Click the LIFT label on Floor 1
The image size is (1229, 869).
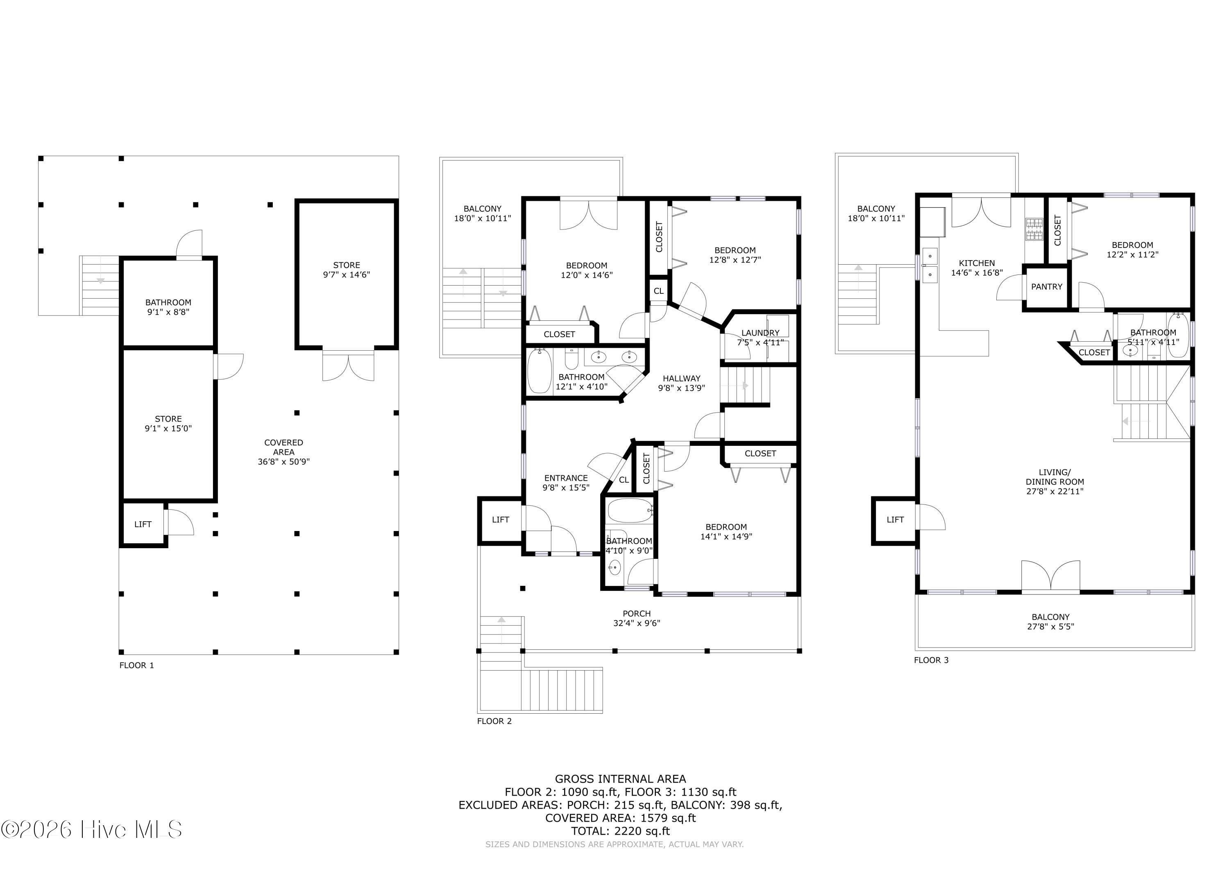point(143,524)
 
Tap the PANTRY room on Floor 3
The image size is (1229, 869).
point(1046,286)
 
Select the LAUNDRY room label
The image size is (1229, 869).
point(760,333)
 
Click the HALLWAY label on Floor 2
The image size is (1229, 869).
point(681,379)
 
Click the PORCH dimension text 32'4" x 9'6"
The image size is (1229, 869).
point(637,623)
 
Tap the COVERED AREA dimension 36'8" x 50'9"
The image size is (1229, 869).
point(284,461)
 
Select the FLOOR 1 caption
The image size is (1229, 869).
point(136,665)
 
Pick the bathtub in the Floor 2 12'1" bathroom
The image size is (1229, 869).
point(539,370)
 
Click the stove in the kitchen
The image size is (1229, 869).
point(1034,229)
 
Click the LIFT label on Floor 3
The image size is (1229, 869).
point(895,520)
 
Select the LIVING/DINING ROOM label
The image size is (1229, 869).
point(1054,481)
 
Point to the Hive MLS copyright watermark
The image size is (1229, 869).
point(91,829)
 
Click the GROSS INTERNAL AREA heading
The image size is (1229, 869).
point(620,779)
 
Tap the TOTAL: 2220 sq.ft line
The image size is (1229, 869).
point(620,831)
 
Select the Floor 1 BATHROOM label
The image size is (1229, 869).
point(168,302)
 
